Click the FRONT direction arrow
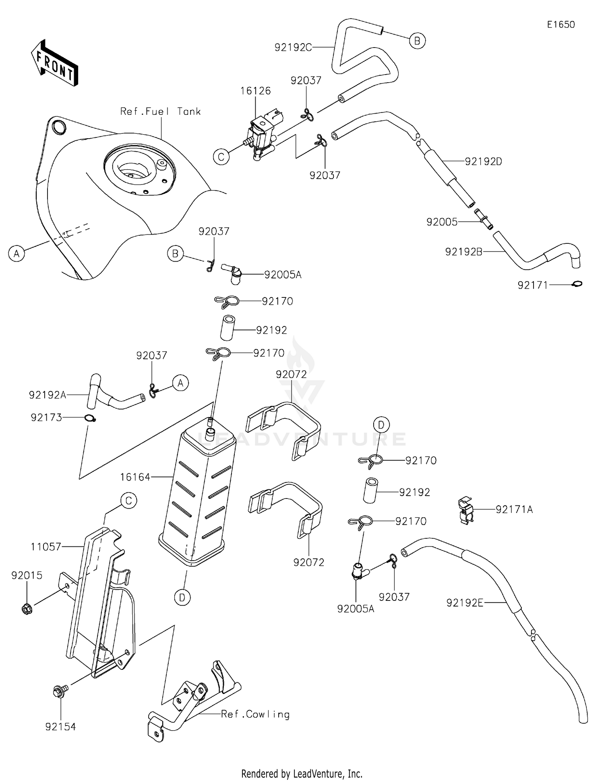pyautogui.click(x=55, y=64)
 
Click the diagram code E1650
pyautogui.click(x=561, y=25)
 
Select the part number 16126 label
pyautogui.click(x=255, y=91)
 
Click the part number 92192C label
pyautogui.click(x=293, y=48)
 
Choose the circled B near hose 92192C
pyautogui.click(x=417, y=41)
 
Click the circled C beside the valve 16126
pyautogui.click(x=221, y=156)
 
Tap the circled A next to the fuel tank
pyautogui.click(x=17, y=253)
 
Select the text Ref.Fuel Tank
pyautogui.click(x=160, y=112)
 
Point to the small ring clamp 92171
pyautogui.click(x=577, y=284)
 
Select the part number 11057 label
pyautogui.click(x=46, y=547)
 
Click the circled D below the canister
pyautogui.click(x=182, y=598)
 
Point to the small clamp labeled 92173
pyautogui.click(x=91, y=419)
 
